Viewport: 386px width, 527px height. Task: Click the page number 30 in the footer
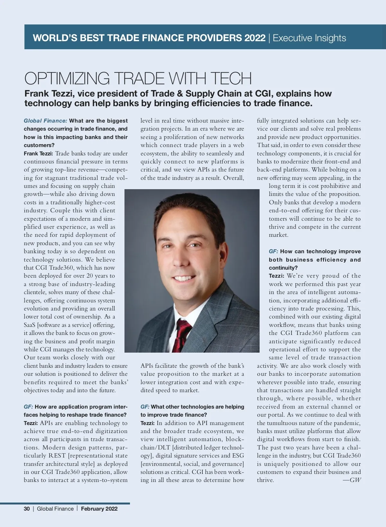tap(27, 509)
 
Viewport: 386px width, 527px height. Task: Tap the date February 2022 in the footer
tap(99, 509)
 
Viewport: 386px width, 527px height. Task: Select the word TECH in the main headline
tap(231, 79)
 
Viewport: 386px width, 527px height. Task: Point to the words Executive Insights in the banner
tap(309, 38)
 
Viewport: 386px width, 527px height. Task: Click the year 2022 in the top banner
tap(255, 38)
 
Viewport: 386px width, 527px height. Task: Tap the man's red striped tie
tap(182, 335)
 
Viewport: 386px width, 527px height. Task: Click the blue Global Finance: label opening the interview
tap(45, 121)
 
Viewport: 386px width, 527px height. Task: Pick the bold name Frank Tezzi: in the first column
tap(38, 153)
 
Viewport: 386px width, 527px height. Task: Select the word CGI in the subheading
tap(263, 94)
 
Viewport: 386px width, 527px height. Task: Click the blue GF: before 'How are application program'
tap(28, 407)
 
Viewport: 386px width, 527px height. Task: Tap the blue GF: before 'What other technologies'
tap(145, 407)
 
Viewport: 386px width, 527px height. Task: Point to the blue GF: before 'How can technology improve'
tap(273, 251)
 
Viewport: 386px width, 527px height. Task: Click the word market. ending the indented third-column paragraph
tap(279, 235)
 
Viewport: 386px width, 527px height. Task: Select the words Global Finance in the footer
tap(55, 509)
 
